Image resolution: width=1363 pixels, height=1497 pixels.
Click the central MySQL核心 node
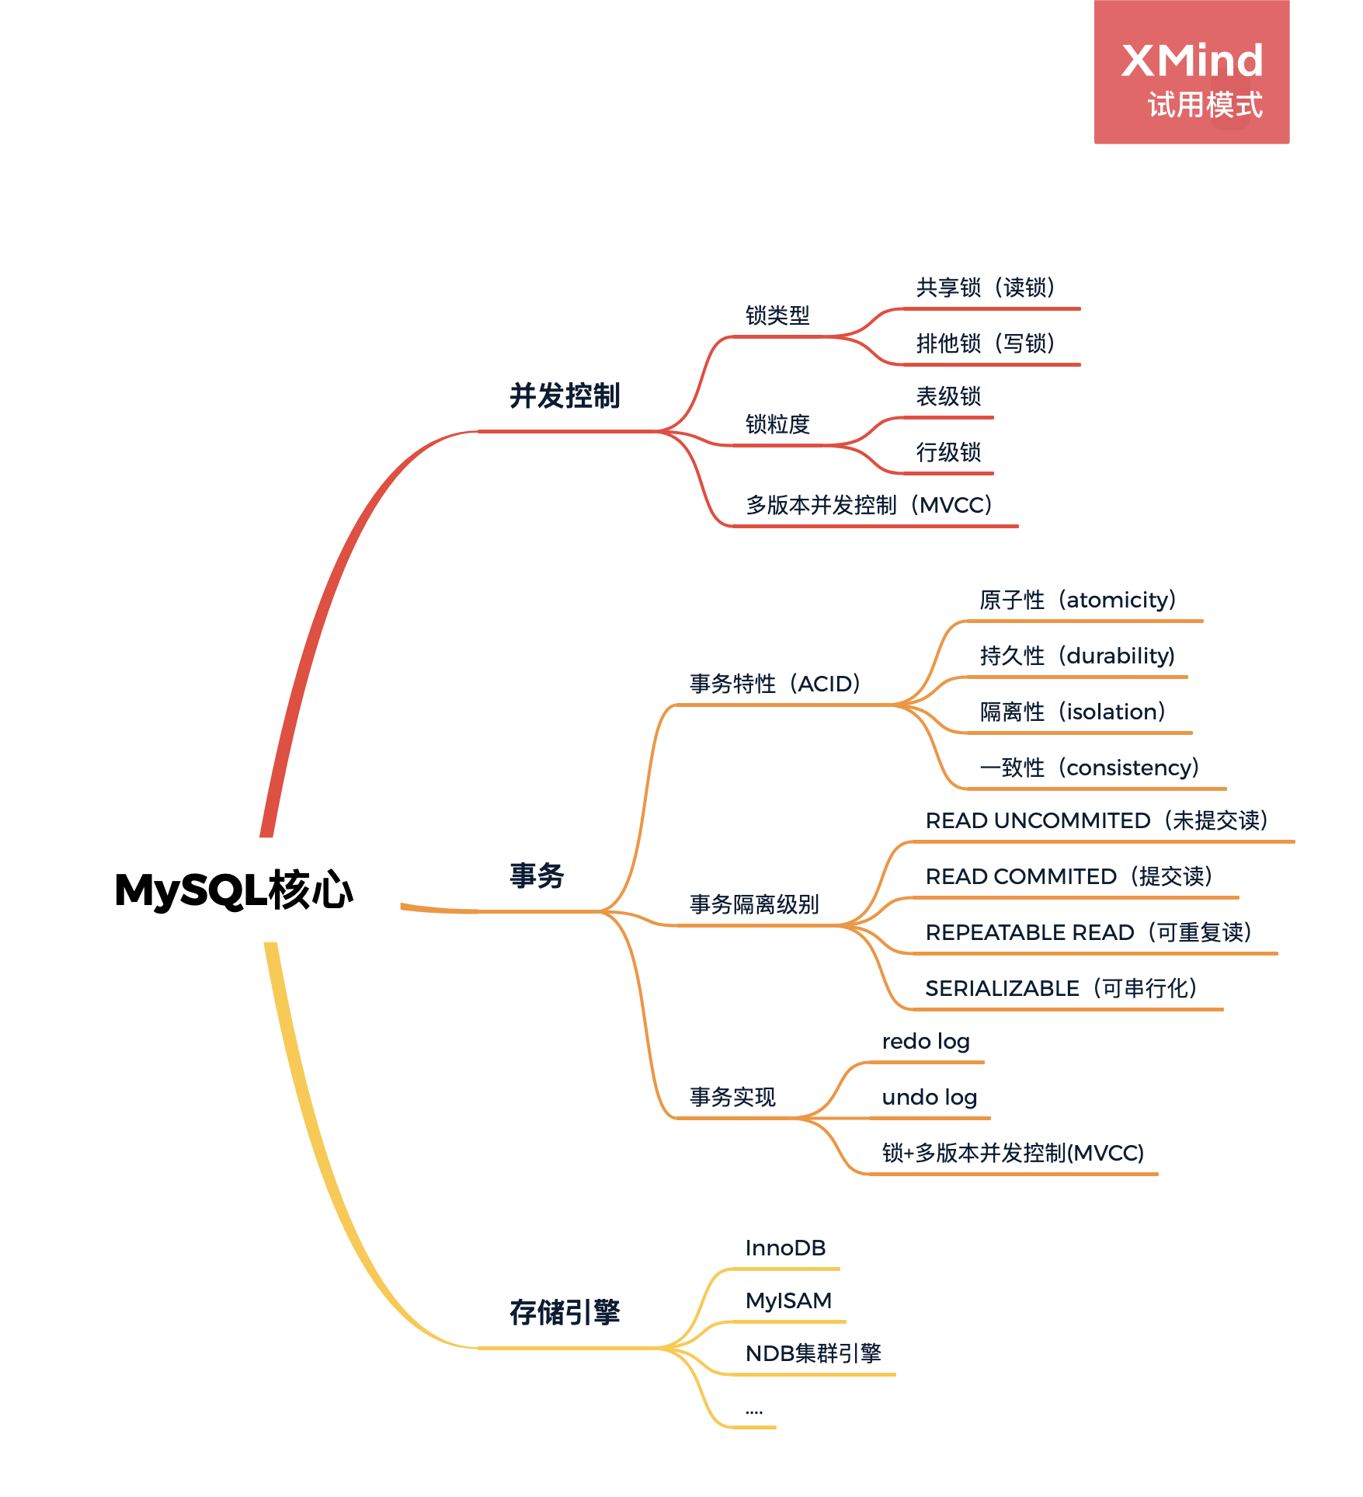234,889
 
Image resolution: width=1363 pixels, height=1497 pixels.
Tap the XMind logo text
1191,61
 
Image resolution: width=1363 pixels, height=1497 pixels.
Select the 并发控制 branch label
565,396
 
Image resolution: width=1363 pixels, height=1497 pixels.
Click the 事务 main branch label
537,876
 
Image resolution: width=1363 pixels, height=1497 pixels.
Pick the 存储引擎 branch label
565,1313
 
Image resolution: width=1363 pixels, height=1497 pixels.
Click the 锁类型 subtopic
777,315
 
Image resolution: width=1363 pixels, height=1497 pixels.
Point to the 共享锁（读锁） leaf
986,287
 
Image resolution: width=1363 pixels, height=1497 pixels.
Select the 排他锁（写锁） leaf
986,343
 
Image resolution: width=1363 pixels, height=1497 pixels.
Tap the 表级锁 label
948,396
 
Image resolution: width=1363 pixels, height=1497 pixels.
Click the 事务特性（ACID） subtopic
776,684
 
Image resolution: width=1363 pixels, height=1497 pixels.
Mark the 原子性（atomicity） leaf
1078,600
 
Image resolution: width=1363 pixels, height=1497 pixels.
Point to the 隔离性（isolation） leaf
1073,712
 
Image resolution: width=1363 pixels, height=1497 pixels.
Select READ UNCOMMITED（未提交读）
1097,820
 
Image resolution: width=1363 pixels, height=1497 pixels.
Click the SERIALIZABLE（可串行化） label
1061,988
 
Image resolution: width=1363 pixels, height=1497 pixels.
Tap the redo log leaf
926,1041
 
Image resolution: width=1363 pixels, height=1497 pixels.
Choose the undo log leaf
930,1097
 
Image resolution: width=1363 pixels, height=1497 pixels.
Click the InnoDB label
785,1248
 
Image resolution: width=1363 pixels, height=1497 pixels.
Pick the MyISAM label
788,1300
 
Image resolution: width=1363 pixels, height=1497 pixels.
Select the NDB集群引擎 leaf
813,1353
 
